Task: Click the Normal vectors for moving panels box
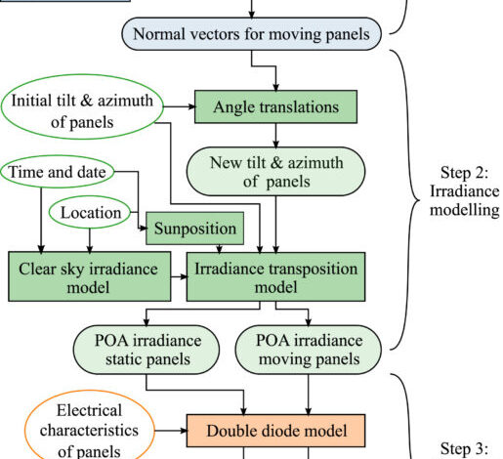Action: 251,34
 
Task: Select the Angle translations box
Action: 275,106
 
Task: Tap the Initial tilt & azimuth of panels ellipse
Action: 82,106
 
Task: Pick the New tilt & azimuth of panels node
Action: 275,172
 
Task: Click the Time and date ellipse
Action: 58,172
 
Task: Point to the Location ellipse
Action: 90,212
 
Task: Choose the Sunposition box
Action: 194,229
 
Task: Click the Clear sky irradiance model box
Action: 90,276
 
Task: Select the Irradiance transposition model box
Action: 275,276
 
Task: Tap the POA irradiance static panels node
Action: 147,350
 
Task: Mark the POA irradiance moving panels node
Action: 308,350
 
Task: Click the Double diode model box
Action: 275,431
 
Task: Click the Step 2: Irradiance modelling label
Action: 464,191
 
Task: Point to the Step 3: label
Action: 464,448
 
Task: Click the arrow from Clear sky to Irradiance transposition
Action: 179,276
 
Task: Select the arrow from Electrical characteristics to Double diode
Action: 171,431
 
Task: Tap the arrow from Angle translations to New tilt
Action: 275,136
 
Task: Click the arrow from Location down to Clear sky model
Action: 90,240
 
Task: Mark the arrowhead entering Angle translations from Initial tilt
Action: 192,106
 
